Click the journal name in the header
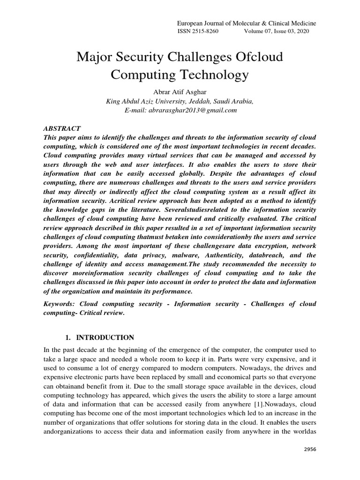246,23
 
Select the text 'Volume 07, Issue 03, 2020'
277,31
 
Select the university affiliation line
180,101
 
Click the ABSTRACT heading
62,128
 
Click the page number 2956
310,449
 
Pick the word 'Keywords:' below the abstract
60,304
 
